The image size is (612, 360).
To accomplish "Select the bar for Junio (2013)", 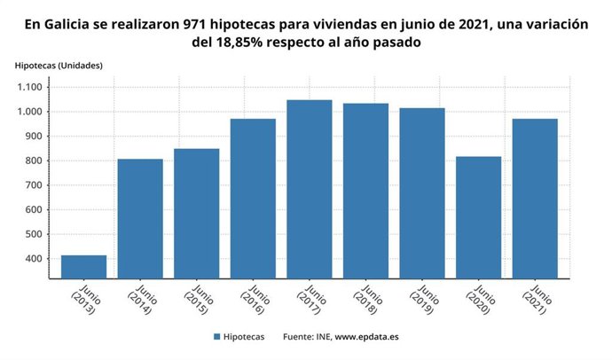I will [83, 267].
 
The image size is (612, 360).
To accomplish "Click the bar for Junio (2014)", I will [140, 218].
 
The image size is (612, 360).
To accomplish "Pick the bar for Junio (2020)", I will [478, 217].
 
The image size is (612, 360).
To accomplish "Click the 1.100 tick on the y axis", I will [29, 87].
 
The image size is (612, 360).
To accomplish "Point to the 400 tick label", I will [34, 259].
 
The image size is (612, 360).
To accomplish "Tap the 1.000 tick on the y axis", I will [29, 112].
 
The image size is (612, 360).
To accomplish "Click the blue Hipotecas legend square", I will [216, 337].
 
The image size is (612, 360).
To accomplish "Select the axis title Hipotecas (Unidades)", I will [59, 66].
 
